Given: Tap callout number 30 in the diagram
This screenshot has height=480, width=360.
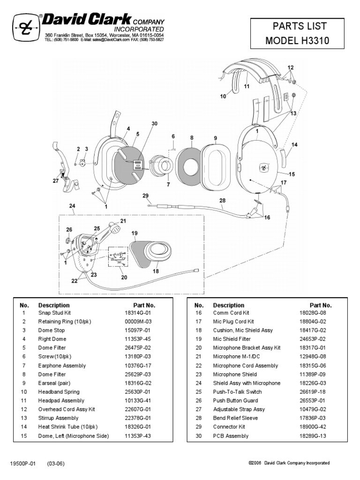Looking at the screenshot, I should point(154,123).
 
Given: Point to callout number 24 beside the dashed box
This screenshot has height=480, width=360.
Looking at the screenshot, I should point(72,205).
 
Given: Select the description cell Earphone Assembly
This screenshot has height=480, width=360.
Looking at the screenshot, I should point(59,366).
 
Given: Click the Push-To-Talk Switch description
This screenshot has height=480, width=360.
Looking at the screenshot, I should point(237,392).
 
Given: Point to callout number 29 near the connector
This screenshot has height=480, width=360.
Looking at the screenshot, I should point(145,195).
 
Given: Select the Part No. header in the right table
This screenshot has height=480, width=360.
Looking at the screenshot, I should point(321,305).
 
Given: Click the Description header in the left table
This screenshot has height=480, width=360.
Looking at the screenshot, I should point(54,305).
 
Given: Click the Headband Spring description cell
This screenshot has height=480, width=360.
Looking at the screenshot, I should point(59,392).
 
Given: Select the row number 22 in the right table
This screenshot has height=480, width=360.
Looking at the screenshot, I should point(198,366).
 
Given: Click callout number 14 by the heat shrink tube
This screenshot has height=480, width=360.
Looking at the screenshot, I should point(294,145).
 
